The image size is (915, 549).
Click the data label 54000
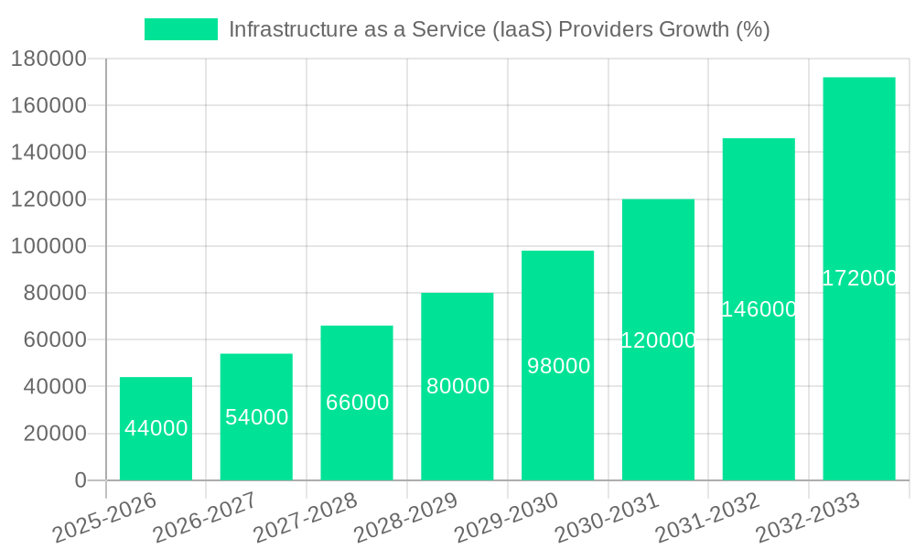click(x=256, y=417)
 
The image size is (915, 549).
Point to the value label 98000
click(x=558, y=366)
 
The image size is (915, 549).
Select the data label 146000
click(x=759, y=309)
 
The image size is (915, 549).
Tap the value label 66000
click(x=357, y=403)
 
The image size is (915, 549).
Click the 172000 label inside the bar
click(x=858, y=278)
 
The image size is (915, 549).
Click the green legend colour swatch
click(x=181, y=29)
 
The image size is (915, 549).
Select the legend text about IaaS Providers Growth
click(x=499, y=29)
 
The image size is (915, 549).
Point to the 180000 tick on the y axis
click(x=48, y=59)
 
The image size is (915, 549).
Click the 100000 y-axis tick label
click(x=48, y=246)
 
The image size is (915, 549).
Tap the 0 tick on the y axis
click(x=81, y=480)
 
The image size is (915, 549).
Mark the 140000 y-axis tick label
click(x=48, y=152)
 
